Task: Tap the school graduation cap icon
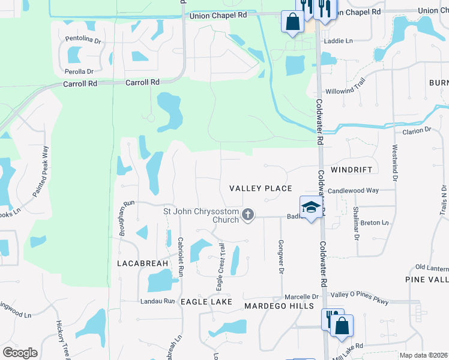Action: [x=310, y=207]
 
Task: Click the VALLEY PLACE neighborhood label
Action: [x=261, y=188]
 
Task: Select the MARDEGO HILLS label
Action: [x=279, y=306]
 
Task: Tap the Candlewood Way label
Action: [x=353, y=190]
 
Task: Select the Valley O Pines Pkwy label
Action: [x=360, y=298]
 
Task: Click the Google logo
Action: [x=20, y=353]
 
